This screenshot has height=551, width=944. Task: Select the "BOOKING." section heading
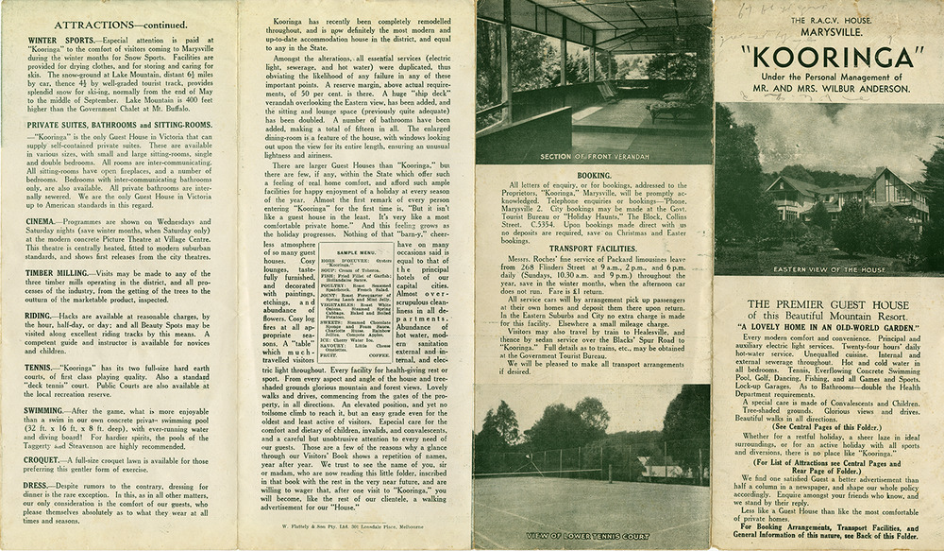click(x=593, y=175)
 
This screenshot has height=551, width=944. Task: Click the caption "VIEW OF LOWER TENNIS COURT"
click(x=593, y=535)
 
